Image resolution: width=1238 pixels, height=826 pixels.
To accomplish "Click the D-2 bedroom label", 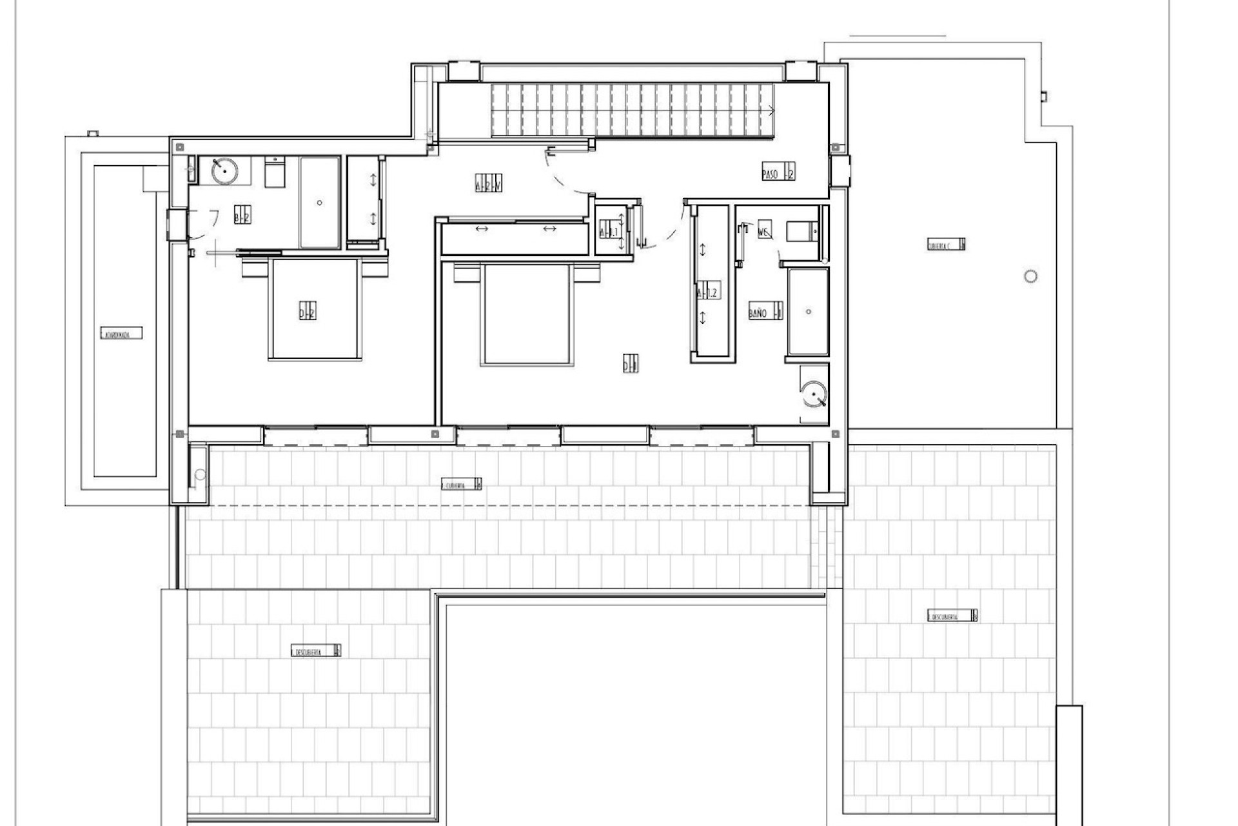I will point(307,311).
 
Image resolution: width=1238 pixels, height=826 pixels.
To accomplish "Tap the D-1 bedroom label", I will point(630,365).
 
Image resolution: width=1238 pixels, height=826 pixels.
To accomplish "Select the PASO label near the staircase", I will point(778,172).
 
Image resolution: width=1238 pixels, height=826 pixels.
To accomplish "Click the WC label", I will point(764,231).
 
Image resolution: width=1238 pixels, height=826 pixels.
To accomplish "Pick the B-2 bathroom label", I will point(242,217).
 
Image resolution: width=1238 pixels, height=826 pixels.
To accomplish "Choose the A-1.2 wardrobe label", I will point(707,292).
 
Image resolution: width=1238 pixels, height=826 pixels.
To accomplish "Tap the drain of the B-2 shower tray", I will point(320,203).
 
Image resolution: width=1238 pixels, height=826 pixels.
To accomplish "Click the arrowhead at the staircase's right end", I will point(772,110).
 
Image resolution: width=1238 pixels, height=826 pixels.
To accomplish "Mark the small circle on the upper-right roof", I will point(1030,276).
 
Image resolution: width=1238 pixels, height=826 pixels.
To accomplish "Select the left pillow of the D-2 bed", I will point(253,267).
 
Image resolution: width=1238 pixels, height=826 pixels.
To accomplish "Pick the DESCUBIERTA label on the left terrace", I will point(315,650).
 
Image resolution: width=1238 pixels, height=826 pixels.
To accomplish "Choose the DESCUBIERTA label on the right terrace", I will point(952,616).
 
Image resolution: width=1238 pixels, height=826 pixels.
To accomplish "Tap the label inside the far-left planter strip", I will point(121,334).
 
